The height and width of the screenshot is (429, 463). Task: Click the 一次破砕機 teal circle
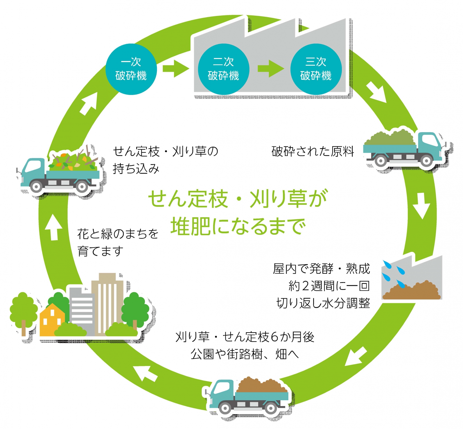131,69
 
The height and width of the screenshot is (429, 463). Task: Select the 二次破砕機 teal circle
223,69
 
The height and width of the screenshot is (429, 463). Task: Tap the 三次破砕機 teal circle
316,69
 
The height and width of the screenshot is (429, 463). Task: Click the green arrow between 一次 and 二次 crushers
175,69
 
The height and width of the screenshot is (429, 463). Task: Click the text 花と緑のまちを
118,234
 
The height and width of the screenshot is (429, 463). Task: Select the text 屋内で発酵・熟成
321,269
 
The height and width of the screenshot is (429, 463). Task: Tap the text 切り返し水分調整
323,303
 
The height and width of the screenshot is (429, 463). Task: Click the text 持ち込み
136,169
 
